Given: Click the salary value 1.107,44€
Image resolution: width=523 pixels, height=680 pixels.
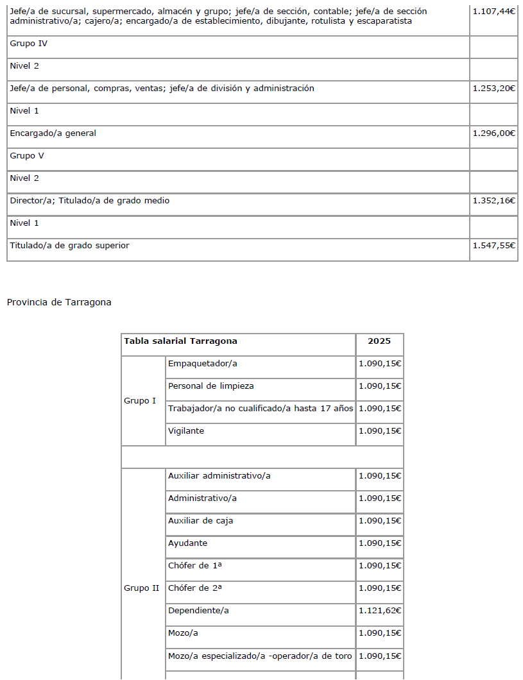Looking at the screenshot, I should [x=493, y=12].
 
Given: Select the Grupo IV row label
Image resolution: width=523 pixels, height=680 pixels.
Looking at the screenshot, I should [x=28, y=44].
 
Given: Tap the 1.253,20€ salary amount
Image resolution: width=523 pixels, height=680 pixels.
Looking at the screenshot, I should [x=493, y=89].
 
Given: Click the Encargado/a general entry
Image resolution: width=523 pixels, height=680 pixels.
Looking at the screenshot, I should [x=53, y=133].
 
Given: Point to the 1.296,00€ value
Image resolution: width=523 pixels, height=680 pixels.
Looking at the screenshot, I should [x=493, y=133].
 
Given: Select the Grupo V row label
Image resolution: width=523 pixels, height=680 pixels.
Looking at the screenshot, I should [x=27, y=156].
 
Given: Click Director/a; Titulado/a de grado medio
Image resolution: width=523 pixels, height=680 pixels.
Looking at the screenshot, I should [x=90, y=201].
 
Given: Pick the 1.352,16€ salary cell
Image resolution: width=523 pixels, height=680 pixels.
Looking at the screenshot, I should [x=493, y=201].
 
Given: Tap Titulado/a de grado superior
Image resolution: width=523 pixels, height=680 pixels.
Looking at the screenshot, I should [x=69, y=246].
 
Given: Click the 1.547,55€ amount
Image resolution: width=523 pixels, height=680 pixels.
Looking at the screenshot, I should [x=493, y=246].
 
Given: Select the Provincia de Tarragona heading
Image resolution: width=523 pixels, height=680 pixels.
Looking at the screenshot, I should [x=59, y=302].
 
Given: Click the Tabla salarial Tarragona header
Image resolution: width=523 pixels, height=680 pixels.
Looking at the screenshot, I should [x=180, y=341].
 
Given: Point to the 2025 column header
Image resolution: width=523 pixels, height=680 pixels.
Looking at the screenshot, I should [x=379, y=341].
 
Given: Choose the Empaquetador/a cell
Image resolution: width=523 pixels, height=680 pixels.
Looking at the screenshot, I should [x=203, y=364].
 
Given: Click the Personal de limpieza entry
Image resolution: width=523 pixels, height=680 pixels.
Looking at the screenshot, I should [x=211, y=386].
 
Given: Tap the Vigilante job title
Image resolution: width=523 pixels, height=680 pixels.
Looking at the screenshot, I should [x=186, y=431].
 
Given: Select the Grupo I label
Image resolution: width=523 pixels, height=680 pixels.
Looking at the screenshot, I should [x=140, y=401].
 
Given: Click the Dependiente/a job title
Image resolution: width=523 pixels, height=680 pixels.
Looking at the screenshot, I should [x=198, y=611].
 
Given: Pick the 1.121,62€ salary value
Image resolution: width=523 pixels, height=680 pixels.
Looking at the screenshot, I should [x=380, y=611].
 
